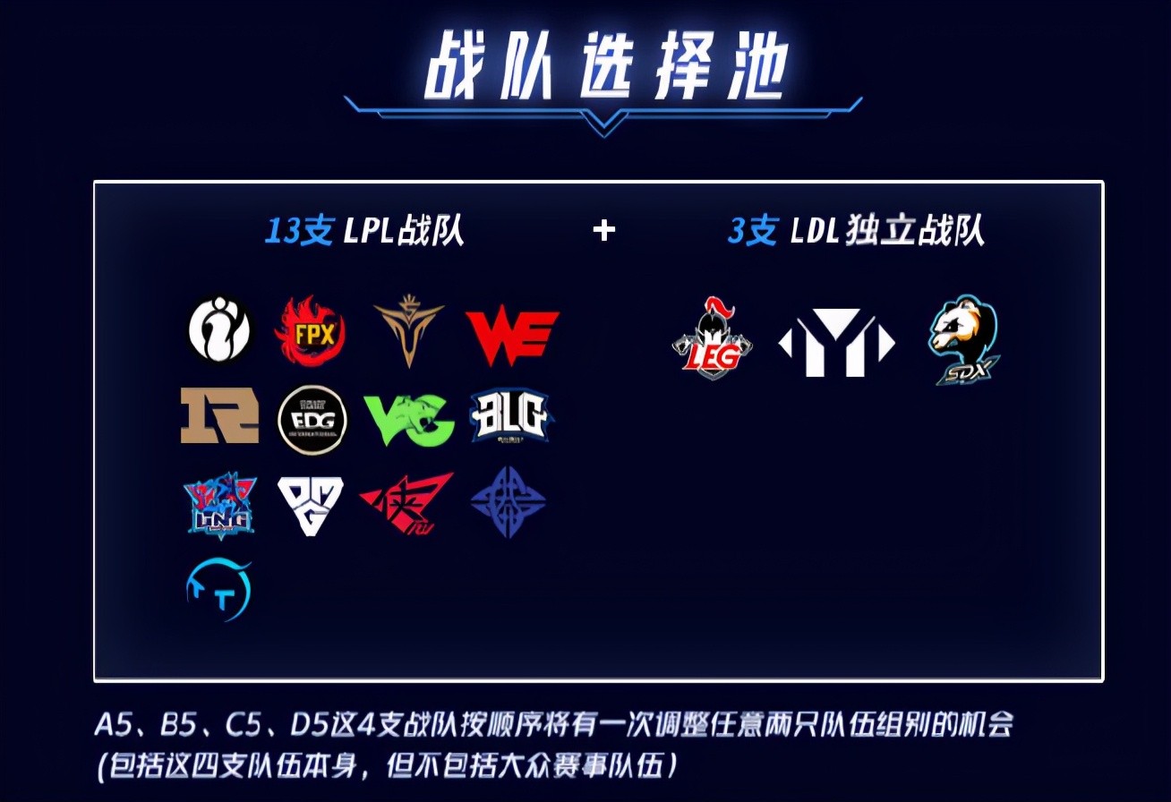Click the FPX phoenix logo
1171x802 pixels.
point(311,330)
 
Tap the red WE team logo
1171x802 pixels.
point(512,335)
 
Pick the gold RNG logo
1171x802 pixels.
point(219,415)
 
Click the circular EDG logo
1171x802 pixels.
point(312,419)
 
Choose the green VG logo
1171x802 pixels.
point(409,419)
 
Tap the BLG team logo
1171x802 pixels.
point(509,417)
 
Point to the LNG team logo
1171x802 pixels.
point(220,505)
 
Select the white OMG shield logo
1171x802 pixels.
point(311,506)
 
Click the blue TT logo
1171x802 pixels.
point(219,591)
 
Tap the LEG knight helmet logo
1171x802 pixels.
point(712,337)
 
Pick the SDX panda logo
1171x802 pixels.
point(964,340)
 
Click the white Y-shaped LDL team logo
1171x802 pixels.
point(836,343)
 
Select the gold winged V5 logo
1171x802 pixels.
point(409,330)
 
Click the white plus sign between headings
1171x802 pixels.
point(604,231)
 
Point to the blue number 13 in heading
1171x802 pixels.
point(282,230)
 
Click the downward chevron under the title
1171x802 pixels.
point(603,125)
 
